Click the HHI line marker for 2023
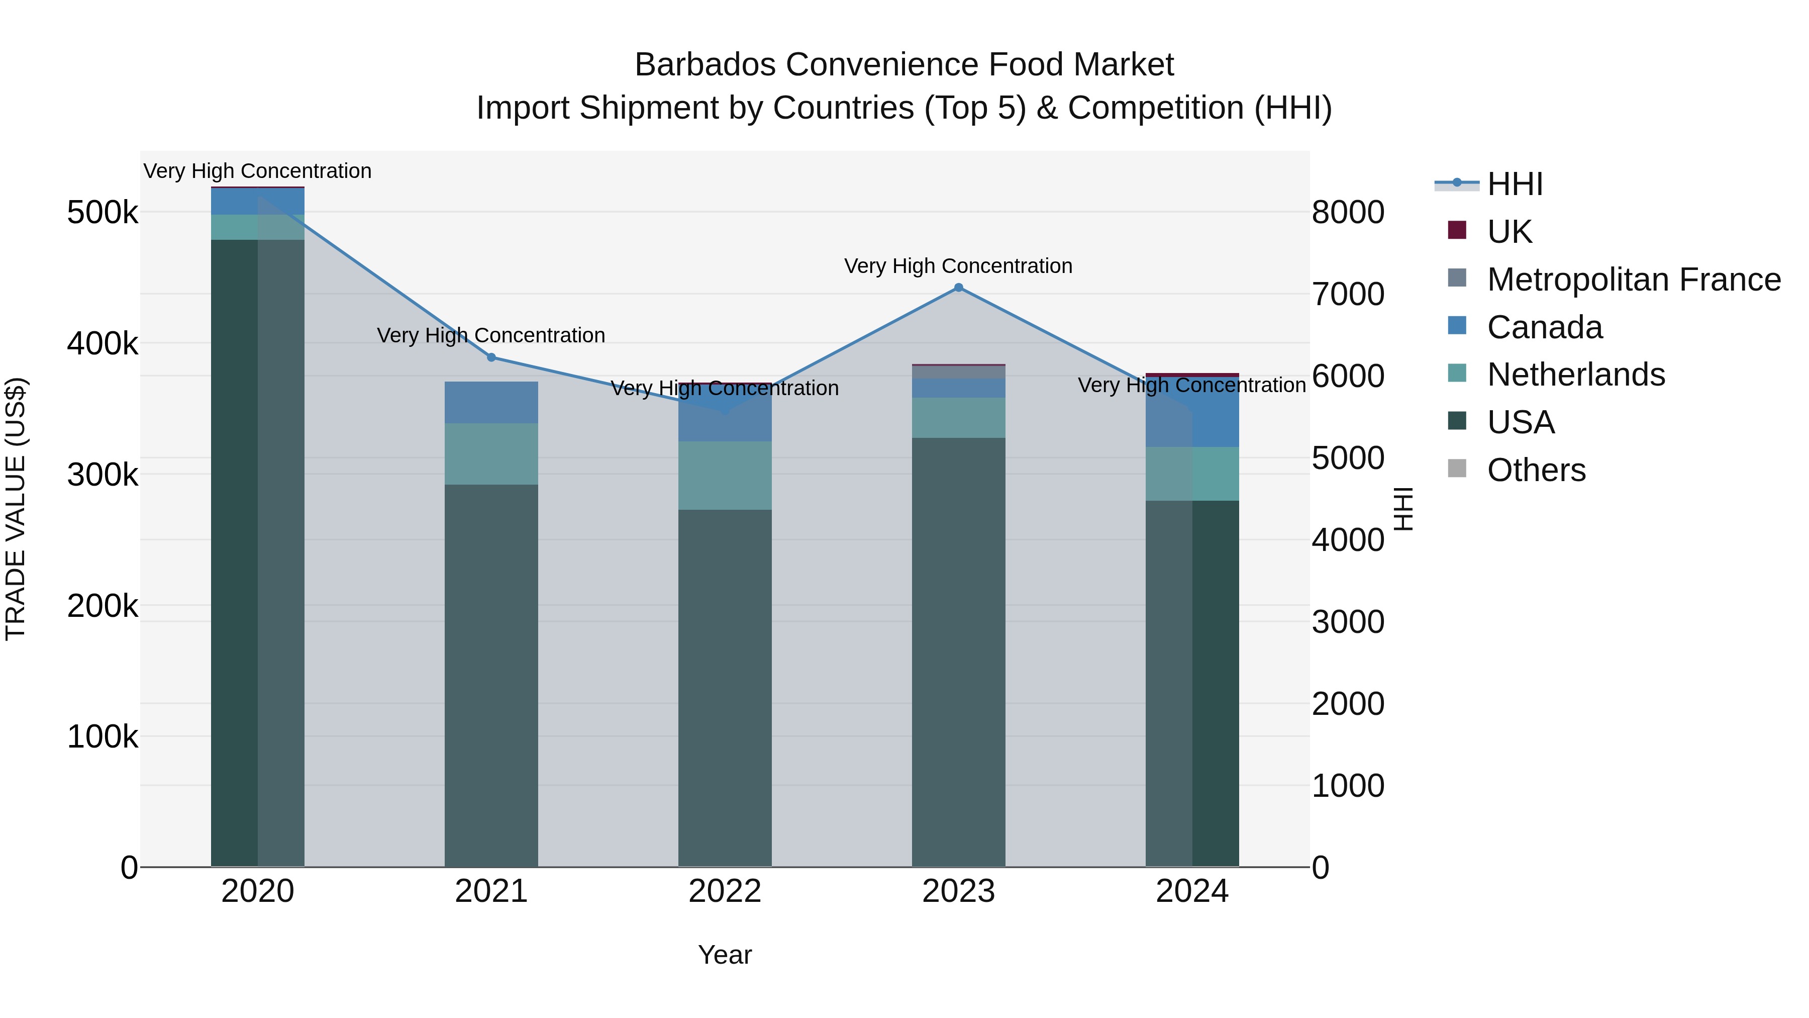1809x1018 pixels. coord(959,288)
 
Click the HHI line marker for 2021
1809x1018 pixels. coord(491,357)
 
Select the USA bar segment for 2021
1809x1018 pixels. coord(491,675)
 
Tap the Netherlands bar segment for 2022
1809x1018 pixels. coord(725,476)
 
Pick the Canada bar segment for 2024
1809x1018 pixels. coord(1192,412)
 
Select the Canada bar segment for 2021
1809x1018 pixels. coord(491,403)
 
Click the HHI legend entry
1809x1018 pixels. coord(1515,184)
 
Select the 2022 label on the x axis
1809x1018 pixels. coord(725,891)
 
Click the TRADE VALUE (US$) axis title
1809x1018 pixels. coord(16,509)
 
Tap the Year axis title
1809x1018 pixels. coord(725,955)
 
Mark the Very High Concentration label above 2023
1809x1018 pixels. coord(959,266)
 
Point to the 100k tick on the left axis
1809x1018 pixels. coord(103,737)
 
